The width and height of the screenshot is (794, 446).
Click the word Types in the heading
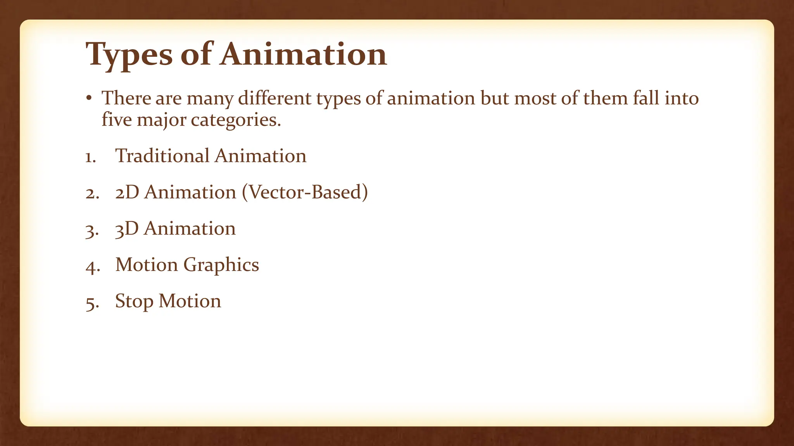pos(129,55)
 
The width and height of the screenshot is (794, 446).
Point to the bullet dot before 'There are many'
pos(89,98)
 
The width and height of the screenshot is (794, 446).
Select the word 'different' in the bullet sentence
pos(274,98)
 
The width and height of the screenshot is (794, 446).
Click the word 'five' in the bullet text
pos(116,120)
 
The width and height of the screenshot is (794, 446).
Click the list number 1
pos(91,157)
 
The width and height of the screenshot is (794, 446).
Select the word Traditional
pos(162,156)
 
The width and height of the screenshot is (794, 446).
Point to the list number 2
pos(92,193)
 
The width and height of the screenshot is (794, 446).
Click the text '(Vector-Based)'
pos(305,192)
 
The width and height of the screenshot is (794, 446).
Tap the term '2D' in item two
pos(127,192)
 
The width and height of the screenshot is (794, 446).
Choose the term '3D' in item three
pos(127,229)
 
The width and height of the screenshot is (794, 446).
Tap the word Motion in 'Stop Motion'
pos(190,301)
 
